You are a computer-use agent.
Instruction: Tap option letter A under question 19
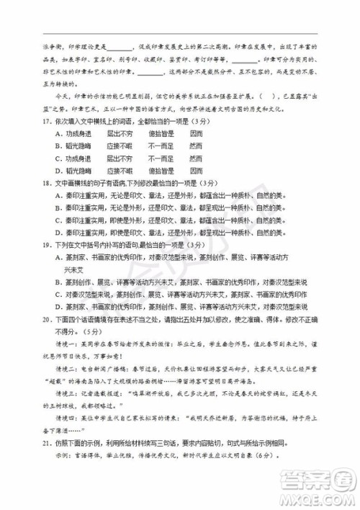57,256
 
